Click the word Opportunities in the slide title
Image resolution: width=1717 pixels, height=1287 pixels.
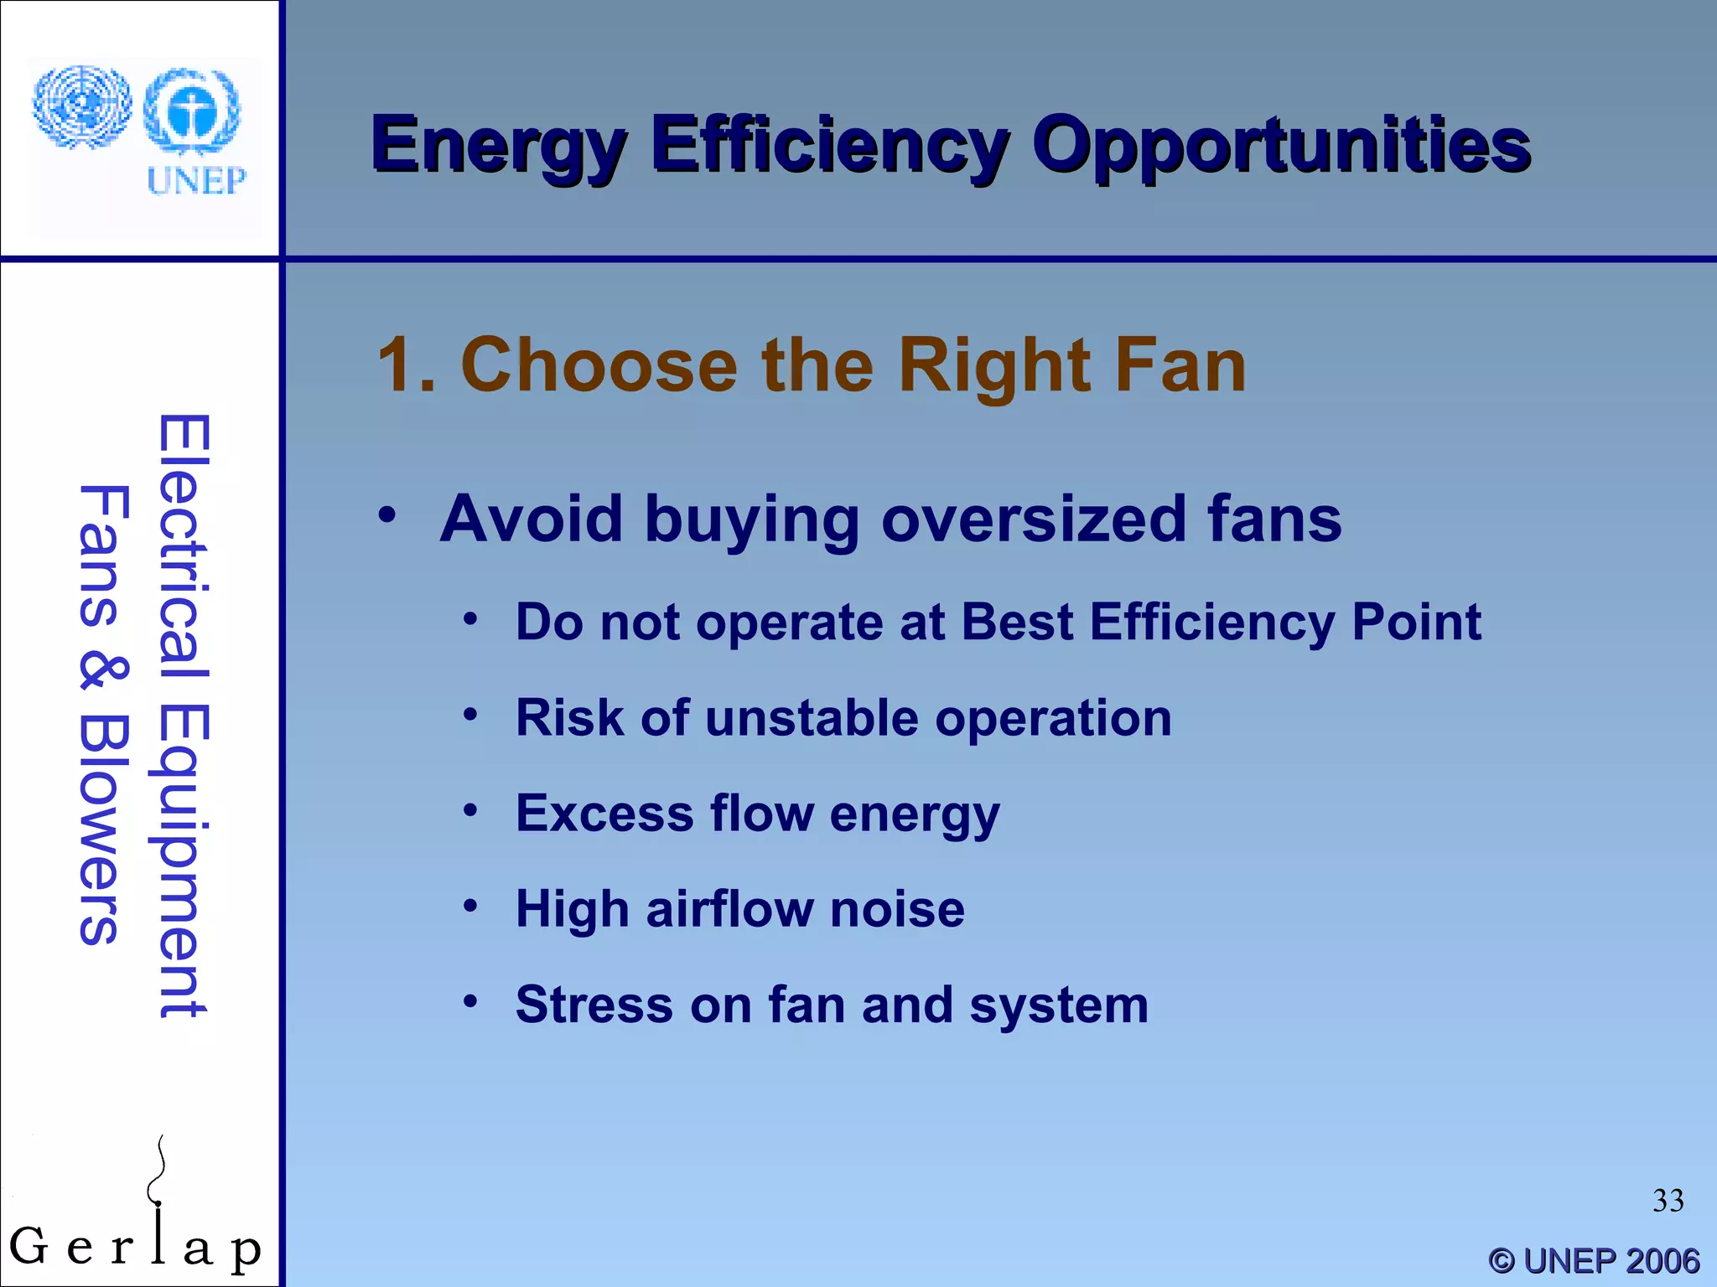click(x=1280, y=147)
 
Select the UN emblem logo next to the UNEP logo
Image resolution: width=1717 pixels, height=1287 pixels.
click(x=81, y=107)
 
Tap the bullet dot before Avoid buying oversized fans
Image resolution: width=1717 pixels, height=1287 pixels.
click(x=386, y=514)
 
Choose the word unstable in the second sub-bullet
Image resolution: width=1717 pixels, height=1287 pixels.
click(x=811, y=719)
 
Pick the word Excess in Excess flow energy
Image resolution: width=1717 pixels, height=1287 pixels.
click(x=604, y=814)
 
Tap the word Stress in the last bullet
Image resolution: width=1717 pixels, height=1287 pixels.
click(x=594, y=1005)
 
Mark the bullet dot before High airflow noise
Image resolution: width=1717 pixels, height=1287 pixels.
click(x=470, y=906)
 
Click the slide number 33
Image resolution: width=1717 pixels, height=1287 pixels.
click(x=1668, y=1201)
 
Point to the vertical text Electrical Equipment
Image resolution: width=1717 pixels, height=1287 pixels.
click(x=183, y=716)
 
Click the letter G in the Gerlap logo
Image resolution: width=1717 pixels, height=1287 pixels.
click(x=29, y=1246)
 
